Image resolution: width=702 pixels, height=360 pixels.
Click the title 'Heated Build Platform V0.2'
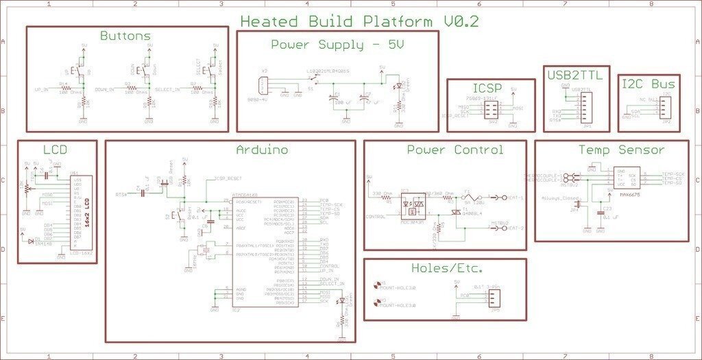[x=359, y=21]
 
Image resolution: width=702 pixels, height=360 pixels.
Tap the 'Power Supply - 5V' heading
[x=337, y=45]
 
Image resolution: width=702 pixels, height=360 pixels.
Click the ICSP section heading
[x=487, y=88]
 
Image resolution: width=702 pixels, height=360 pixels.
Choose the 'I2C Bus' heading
[x=648, y=84]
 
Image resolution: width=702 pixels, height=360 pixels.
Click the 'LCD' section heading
[x=55, y=149]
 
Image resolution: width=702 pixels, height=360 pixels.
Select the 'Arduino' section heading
[x=261, y=149]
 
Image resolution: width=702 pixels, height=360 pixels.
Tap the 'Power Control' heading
[x=455, y=149]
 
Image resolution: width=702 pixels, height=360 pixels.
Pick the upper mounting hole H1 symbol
[x=376, y=285]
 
